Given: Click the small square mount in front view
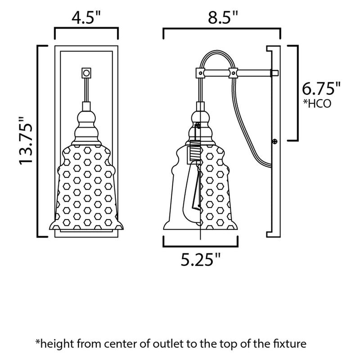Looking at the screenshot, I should (87, 72).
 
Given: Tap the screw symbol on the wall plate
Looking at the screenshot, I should (274, 142).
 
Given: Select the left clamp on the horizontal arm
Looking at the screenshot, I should (199, 72).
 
